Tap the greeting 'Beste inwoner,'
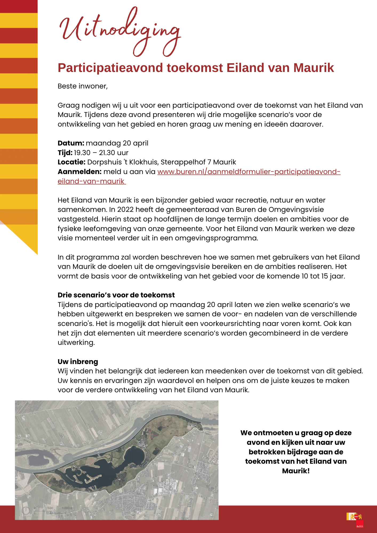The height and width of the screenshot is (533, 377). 83,86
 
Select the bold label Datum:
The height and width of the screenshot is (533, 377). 71,143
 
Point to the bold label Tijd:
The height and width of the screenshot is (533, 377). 65,153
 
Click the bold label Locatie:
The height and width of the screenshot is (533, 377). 71,162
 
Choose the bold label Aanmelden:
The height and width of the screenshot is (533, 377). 79,172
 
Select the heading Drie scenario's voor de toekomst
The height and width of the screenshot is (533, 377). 116,295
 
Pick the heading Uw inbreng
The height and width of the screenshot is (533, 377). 78,362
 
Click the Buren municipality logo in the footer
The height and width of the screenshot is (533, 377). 355,519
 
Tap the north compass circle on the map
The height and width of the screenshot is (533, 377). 26,510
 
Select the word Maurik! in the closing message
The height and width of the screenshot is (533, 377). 296,471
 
